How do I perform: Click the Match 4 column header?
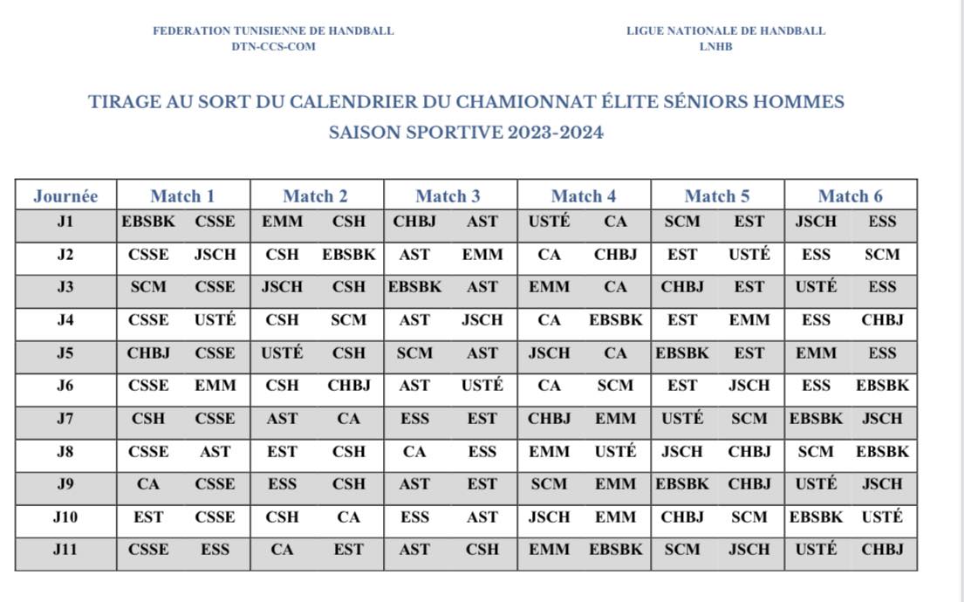pos(584,195)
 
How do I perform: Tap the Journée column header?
pos(65,195)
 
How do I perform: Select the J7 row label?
pos(65,419)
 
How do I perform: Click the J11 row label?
pos(65,550)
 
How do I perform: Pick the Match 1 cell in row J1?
pos(183,222)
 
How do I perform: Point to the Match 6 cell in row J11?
pos(851,550)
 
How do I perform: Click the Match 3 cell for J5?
pos(450,353)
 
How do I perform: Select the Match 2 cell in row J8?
pos(317,452)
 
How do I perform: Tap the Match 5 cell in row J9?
pos(717,484)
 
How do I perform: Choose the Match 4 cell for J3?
pos(584,287)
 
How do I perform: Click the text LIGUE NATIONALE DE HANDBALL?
pos(726,31)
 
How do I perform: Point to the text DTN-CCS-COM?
pos(273,46)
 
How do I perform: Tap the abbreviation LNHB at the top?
pos(715,46)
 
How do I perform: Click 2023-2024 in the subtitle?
pos(551,133)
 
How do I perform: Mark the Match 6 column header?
pos(851,195)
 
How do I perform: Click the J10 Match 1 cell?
pos(183,517)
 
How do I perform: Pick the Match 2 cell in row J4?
pos(317,320)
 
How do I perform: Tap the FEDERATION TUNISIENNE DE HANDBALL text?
pos(273,31)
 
